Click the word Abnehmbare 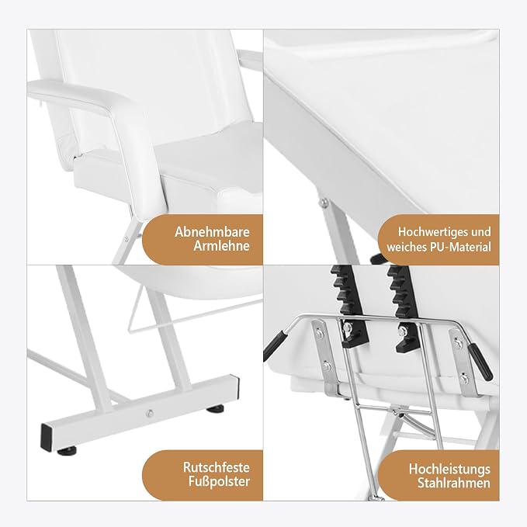212,232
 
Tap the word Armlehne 221,246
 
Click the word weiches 407,247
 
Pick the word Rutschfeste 217,467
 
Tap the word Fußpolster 219,482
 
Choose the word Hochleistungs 449,470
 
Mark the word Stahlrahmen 454,484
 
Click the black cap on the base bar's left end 47,438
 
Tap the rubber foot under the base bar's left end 67,451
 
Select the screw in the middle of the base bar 150,413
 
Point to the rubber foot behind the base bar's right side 215,409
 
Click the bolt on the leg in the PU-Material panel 324,203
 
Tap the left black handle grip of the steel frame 275,345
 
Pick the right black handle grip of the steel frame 480,362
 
